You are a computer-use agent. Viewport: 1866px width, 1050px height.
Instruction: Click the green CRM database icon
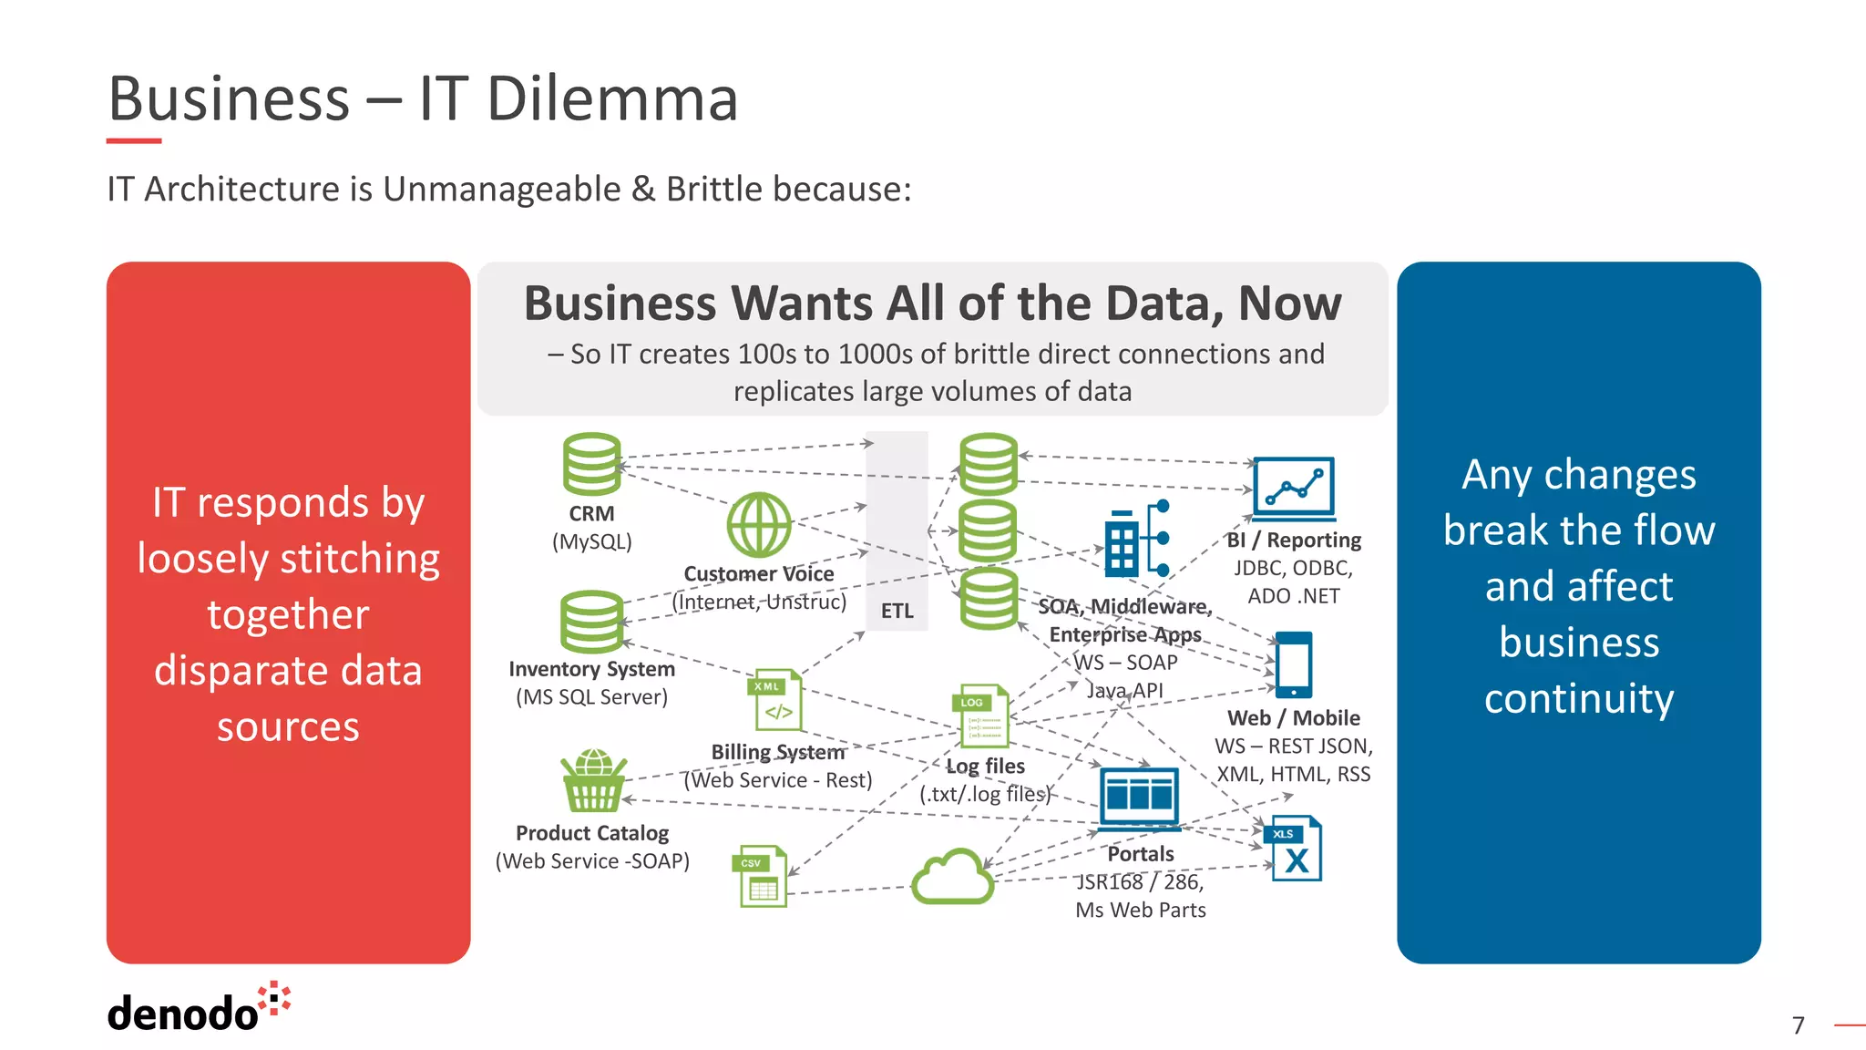point(591,464)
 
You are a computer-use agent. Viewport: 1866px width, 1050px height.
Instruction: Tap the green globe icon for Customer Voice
point(759,525)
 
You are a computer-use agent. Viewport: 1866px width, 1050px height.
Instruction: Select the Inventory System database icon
point(591,622)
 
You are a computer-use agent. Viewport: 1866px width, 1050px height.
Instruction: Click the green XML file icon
point(775,700)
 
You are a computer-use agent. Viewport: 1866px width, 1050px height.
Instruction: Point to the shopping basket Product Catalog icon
point(593,781)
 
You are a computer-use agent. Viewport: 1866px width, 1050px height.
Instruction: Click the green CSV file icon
point(761,877)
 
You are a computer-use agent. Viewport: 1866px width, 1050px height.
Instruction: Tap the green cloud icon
point(953,877)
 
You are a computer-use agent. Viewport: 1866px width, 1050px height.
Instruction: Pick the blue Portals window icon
point(1139,797)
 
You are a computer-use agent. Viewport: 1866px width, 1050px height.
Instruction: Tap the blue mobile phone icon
point(1294,664)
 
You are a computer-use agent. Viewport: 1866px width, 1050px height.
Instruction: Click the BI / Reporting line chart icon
point(1294,487)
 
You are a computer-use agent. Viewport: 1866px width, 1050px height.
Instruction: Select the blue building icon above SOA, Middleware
point(1135,540)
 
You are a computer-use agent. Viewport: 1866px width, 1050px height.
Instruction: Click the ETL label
point(897,611)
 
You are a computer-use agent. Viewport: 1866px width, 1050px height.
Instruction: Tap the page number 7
point(1798,1025)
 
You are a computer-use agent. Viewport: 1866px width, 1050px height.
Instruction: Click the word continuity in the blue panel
point(1579,699)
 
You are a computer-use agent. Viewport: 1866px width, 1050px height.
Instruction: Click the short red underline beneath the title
point(134,141)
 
